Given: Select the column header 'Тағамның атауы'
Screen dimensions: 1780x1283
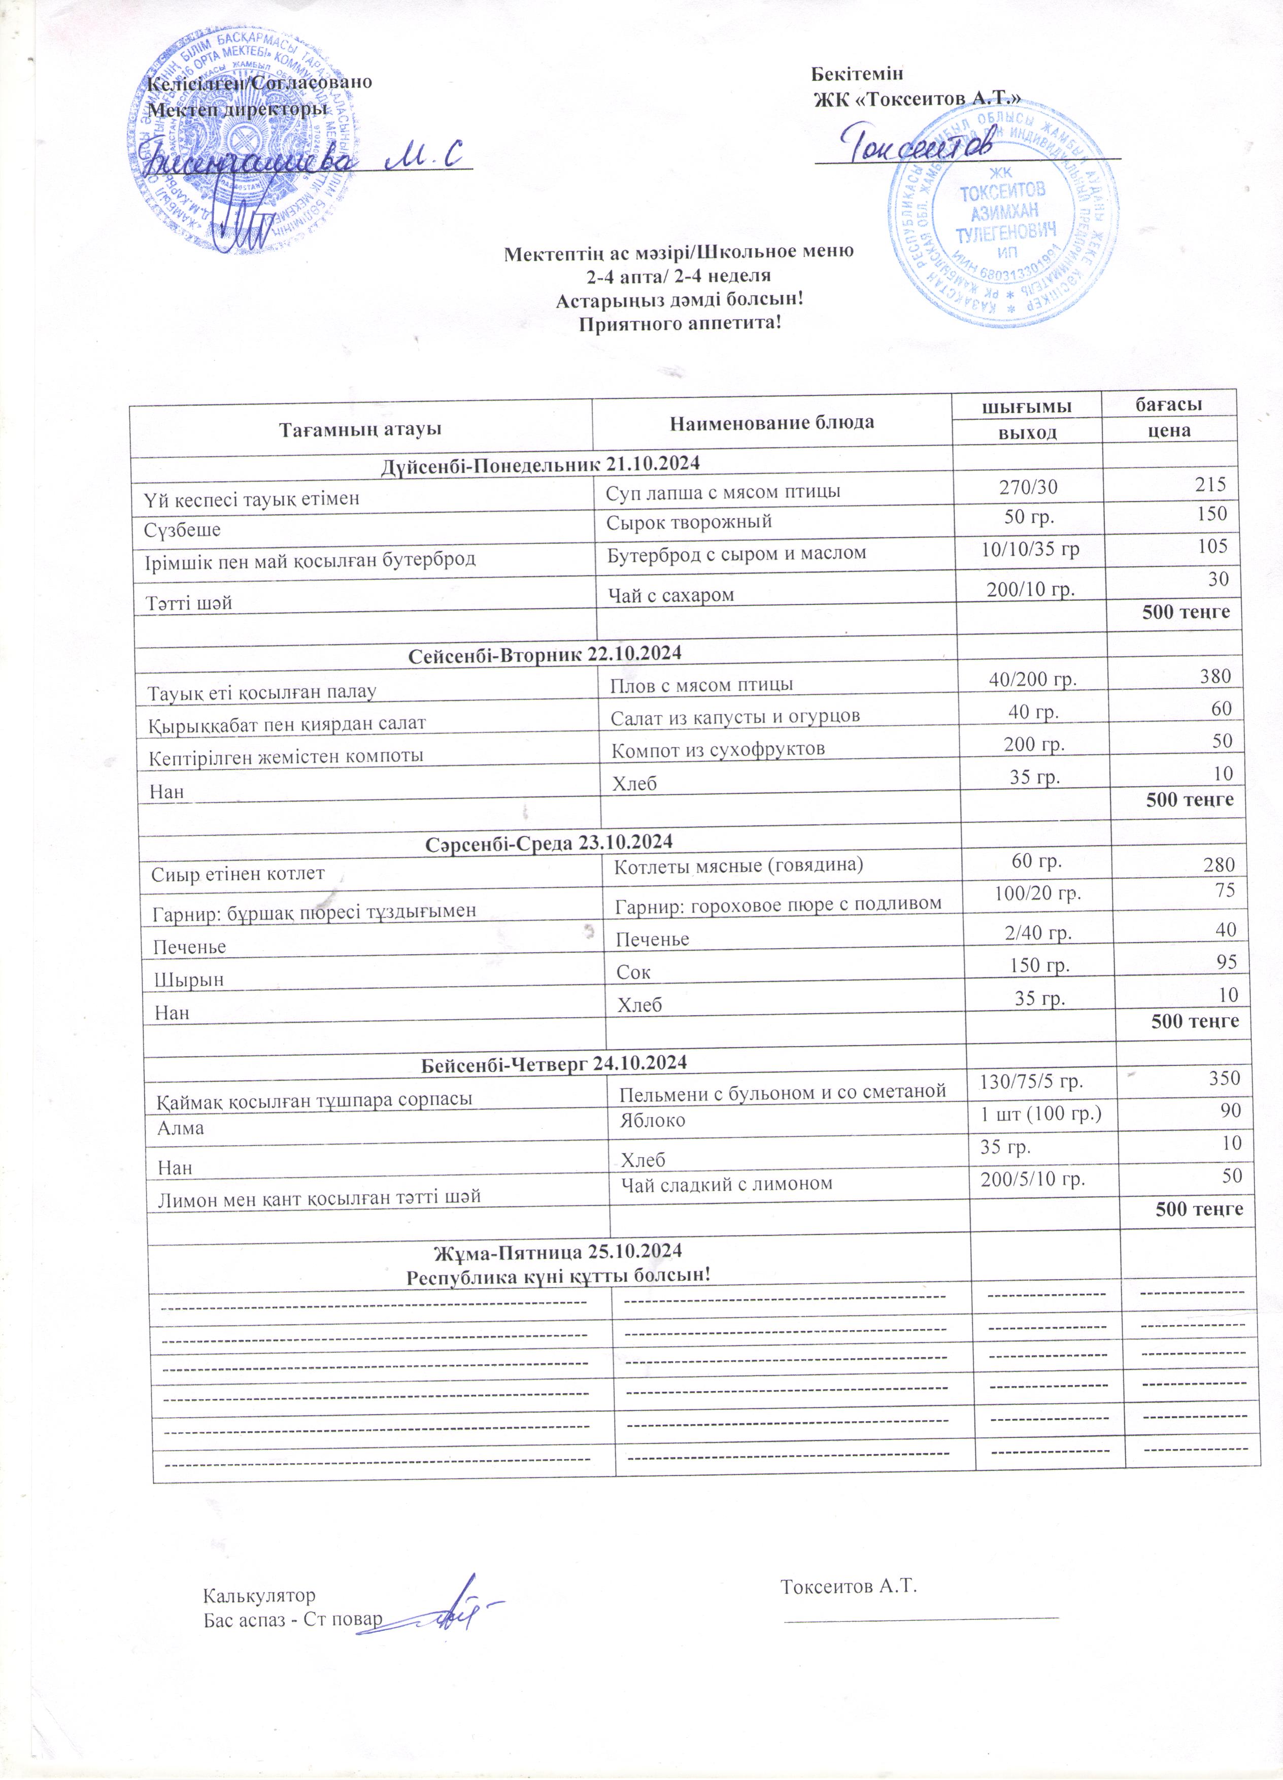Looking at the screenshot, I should tap(359, 429).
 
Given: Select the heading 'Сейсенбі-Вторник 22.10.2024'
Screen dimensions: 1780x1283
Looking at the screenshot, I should tap(546, 653).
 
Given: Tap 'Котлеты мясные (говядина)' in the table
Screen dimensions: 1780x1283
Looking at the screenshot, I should tap(738, 866).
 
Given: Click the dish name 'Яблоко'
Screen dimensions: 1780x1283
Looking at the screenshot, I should tap(652, 1120).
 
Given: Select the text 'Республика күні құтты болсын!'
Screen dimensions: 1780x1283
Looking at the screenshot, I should tap(558, 1275).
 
